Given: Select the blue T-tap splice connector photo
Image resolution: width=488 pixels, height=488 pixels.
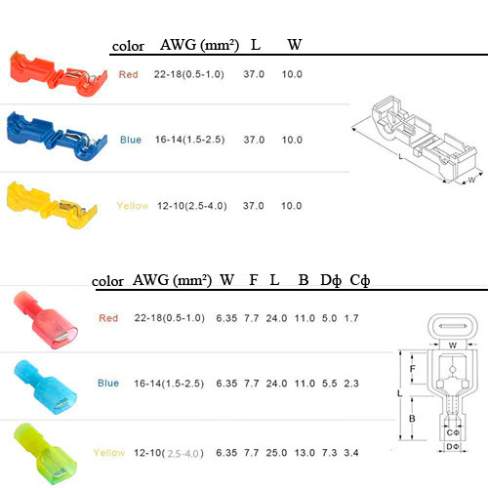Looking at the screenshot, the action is (56, 137).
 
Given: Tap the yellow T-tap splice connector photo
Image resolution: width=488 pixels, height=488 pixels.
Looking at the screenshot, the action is (52, 204).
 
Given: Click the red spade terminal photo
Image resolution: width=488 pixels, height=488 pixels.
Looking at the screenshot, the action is (45, 320).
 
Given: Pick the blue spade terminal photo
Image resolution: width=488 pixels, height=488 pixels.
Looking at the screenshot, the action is (45, 387).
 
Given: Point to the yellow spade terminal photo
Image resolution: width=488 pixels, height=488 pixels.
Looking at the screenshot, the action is (45, 454).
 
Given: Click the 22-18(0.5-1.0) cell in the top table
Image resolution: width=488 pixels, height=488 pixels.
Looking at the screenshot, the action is (189, 74).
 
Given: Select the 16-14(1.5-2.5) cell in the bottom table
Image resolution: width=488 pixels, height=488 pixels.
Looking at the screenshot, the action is (169, 384).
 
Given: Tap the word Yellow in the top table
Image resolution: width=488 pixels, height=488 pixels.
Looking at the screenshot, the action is (133, 206).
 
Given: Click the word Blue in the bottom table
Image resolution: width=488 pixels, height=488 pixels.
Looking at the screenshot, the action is (108, 383).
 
